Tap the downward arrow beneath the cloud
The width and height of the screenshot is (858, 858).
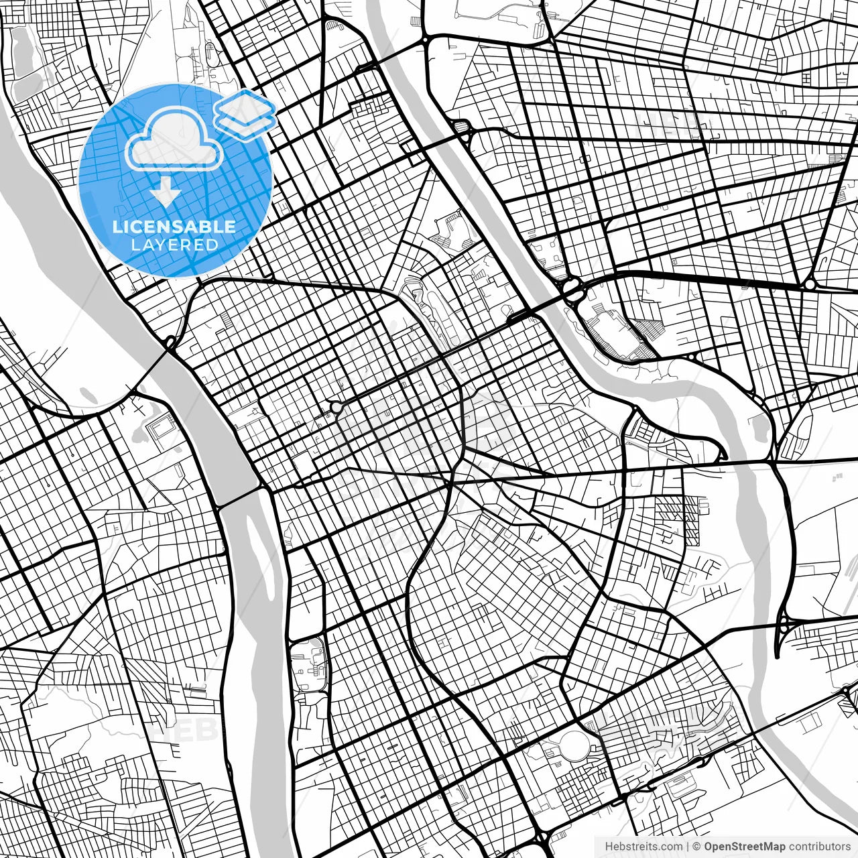point(165,195)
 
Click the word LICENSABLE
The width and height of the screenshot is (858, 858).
point(174,227)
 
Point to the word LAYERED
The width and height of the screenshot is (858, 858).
point(174,245)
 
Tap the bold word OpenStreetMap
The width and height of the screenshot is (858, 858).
point(744,846)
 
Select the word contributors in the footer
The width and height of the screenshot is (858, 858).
point(819,846)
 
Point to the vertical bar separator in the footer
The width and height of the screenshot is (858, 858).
point(688,846)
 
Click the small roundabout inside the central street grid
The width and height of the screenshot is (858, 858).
point(334,408)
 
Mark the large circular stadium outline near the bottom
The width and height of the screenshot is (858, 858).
point(574,746)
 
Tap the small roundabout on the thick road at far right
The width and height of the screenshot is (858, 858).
point(810,285)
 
